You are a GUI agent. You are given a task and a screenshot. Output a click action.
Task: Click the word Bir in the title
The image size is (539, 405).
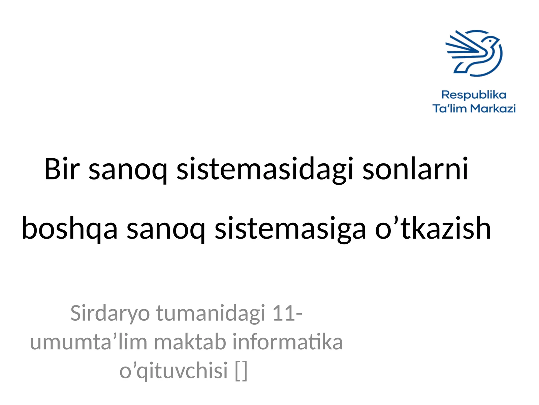(62, 169)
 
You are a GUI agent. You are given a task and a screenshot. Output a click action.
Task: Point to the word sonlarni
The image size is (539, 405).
(415, 169)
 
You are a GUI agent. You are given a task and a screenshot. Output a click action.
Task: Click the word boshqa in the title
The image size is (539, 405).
(69, 229)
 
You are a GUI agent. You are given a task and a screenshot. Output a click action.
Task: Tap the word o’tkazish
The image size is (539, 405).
(433, 228)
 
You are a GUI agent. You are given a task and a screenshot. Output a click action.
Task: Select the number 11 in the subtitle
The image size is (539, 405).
(282, 313)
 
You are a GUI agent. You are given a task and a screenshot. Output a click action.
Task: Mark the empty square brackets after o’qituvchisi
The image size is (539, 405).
(241, 371)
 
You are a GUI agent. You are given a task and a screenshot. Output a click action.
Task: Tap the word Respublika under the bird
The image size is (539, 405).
(474, 95)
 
